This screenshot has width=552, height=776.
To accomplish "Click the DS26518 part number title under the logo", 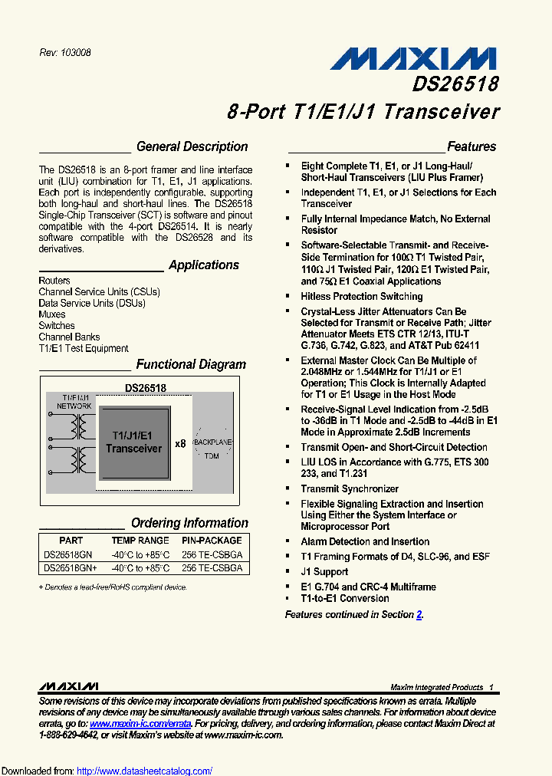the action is pyautogui.click(x=455, y=83).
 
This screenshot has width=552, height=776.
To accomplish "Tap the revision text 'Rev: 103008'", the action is pyautogui.click(x=65, y=53).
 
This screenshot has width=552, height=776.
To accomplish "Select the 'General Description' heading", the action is pyautogui.click(x=192, y=146).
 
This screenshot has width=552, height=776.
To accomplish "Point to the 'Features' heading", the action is pyautogui.click(x=472, y=146).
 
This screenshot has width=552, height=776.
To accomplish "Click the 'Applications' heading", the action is pyautogui.click(x=204, y=265).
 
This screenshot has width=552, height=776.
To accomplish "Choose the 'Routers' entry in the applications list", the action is pyautogui.click(x=54, y=281).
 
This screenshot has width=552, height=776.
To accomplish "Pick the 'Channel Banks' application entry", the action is pyautogui.click(x=69, y=337).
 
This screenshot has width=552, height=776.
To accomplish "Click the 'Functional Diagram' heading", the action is pyautogui.click(x=191, y=365).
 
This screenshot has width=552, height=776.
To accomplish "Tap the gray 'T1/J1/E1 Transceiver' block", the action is pyautogui.click(x=134, y=442).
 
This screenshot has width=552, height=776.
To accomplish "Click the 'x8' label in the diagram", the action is pyautogui.click(x=180, y=443).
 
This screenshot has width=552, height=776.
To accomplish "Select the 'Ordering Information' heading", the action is pyautogui.click(x=189, y=523).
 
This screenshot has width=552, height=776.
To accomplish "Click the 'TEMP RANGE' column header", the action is pyautogui.click(x=140, y=541).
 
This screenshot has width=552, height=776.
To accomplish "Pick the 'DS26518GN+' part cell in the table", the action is pyautogui.click(x=71, y=568).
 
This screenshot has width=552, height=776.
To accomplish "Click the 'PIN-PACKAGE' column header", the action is pyautogui.click(x=212, y=541).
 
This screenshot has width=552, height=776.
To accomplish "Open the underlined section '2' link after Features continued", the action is pyautogui.click(x=419, y=614).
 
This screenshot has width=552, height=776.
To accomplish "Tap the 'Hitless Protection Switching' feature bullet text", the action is pyautogui.click(x=361, y=296).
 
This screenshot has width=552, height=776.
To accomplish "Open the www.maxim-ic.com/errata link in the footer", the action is pyautogui.click(x=140, y=723).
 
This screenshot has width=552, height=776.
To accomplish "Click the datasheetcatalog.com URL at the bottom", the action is pyautogui.click(x=145, y=771).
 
